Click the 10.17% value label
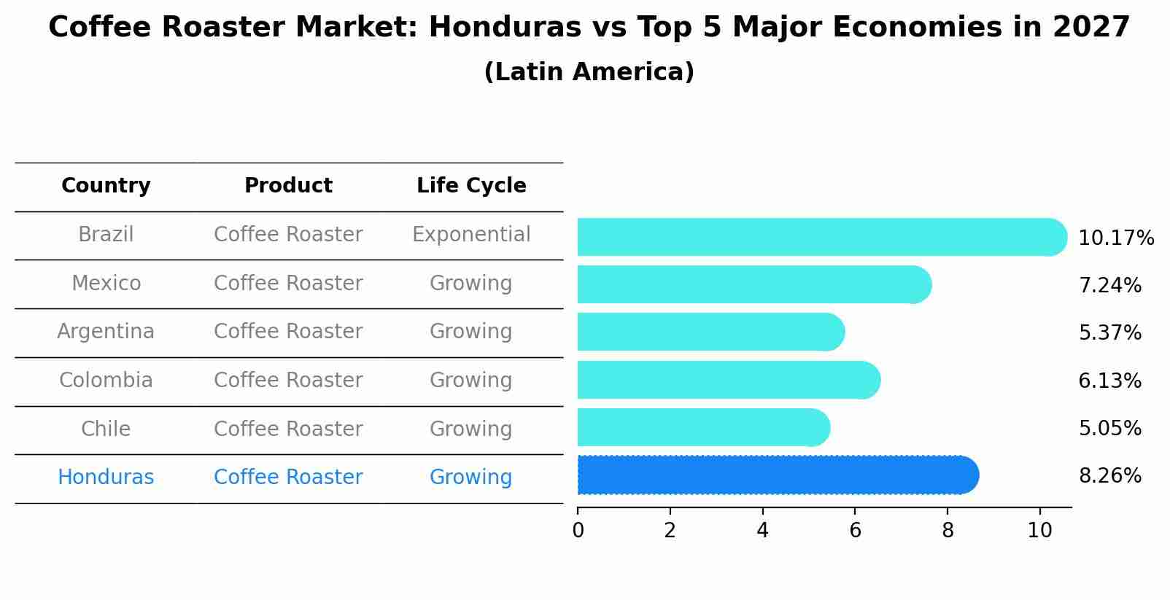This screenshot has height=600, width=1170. click(x=1115, y=238)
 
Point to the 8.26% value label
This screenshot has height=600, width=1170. click(x=1109, y=476)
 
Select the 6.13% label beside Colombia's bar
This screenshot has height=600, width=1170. click(x=1109, y=381)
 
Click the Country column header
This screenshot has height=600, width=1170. click(x=106, y=186)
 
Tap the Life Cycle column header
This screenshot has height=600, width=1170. click(x=471, y=186)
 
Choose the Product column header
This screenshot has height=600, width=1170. click(x=288, y=186)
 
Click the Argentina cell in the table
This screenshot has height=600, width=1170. click(x=106, y=332)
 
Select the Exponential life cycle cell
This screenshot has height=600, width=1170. click(x=471, y=235)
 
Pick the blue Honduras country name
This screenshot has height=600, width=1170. click(x=106, y=478)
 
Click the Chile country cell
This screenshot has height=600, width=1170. click(x=106, y=429)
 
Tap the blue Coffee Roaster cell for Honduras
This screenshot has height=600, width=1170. click(x=288, y=478)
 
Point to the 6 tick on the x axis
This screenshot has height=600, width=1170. click(x=855, y=531)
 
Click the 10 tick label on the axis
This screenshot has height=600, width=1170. click(x=1039, y=531)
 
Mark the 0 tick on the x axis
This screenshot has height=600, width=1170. click(x=578, y=531)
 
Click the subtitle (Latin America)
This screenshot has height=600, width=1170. click(x=589, y=72)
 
